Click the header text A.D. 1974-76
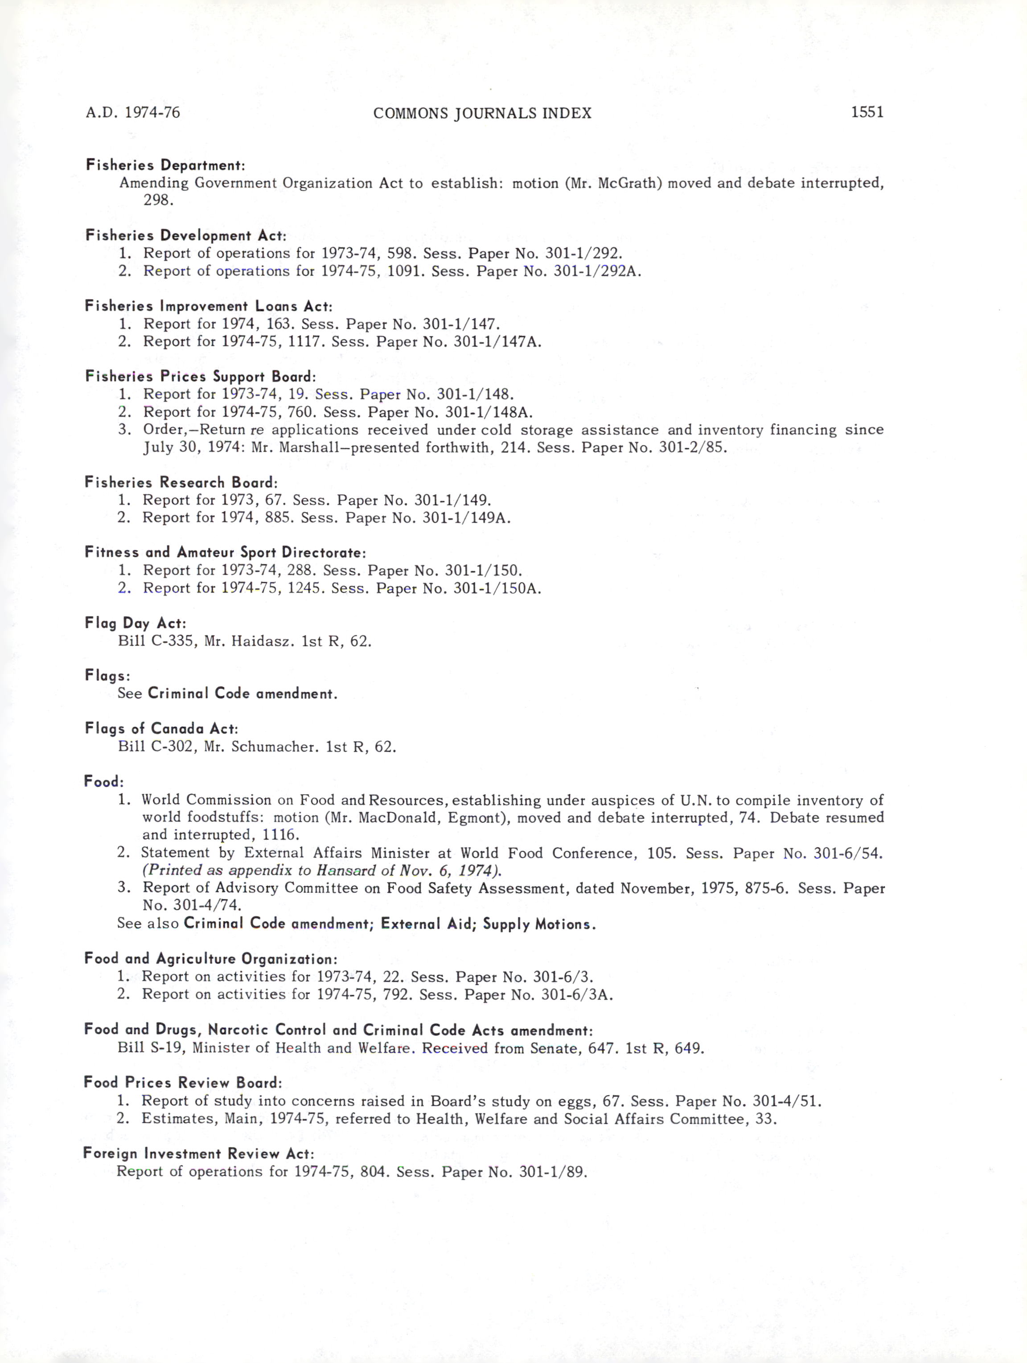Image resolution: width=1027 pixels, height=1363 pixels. [133, 113]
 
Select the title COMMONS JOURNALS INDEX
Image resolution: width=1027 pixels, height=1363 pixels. [482, 113]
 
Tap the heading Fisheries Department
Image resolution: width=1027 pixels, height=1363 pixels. [165, 165]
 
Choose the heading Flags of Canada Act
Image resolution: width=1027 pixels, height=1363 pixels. [161, 729]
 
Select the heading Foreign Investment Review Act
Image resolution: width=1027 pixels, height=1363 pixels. [198, 1154]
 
